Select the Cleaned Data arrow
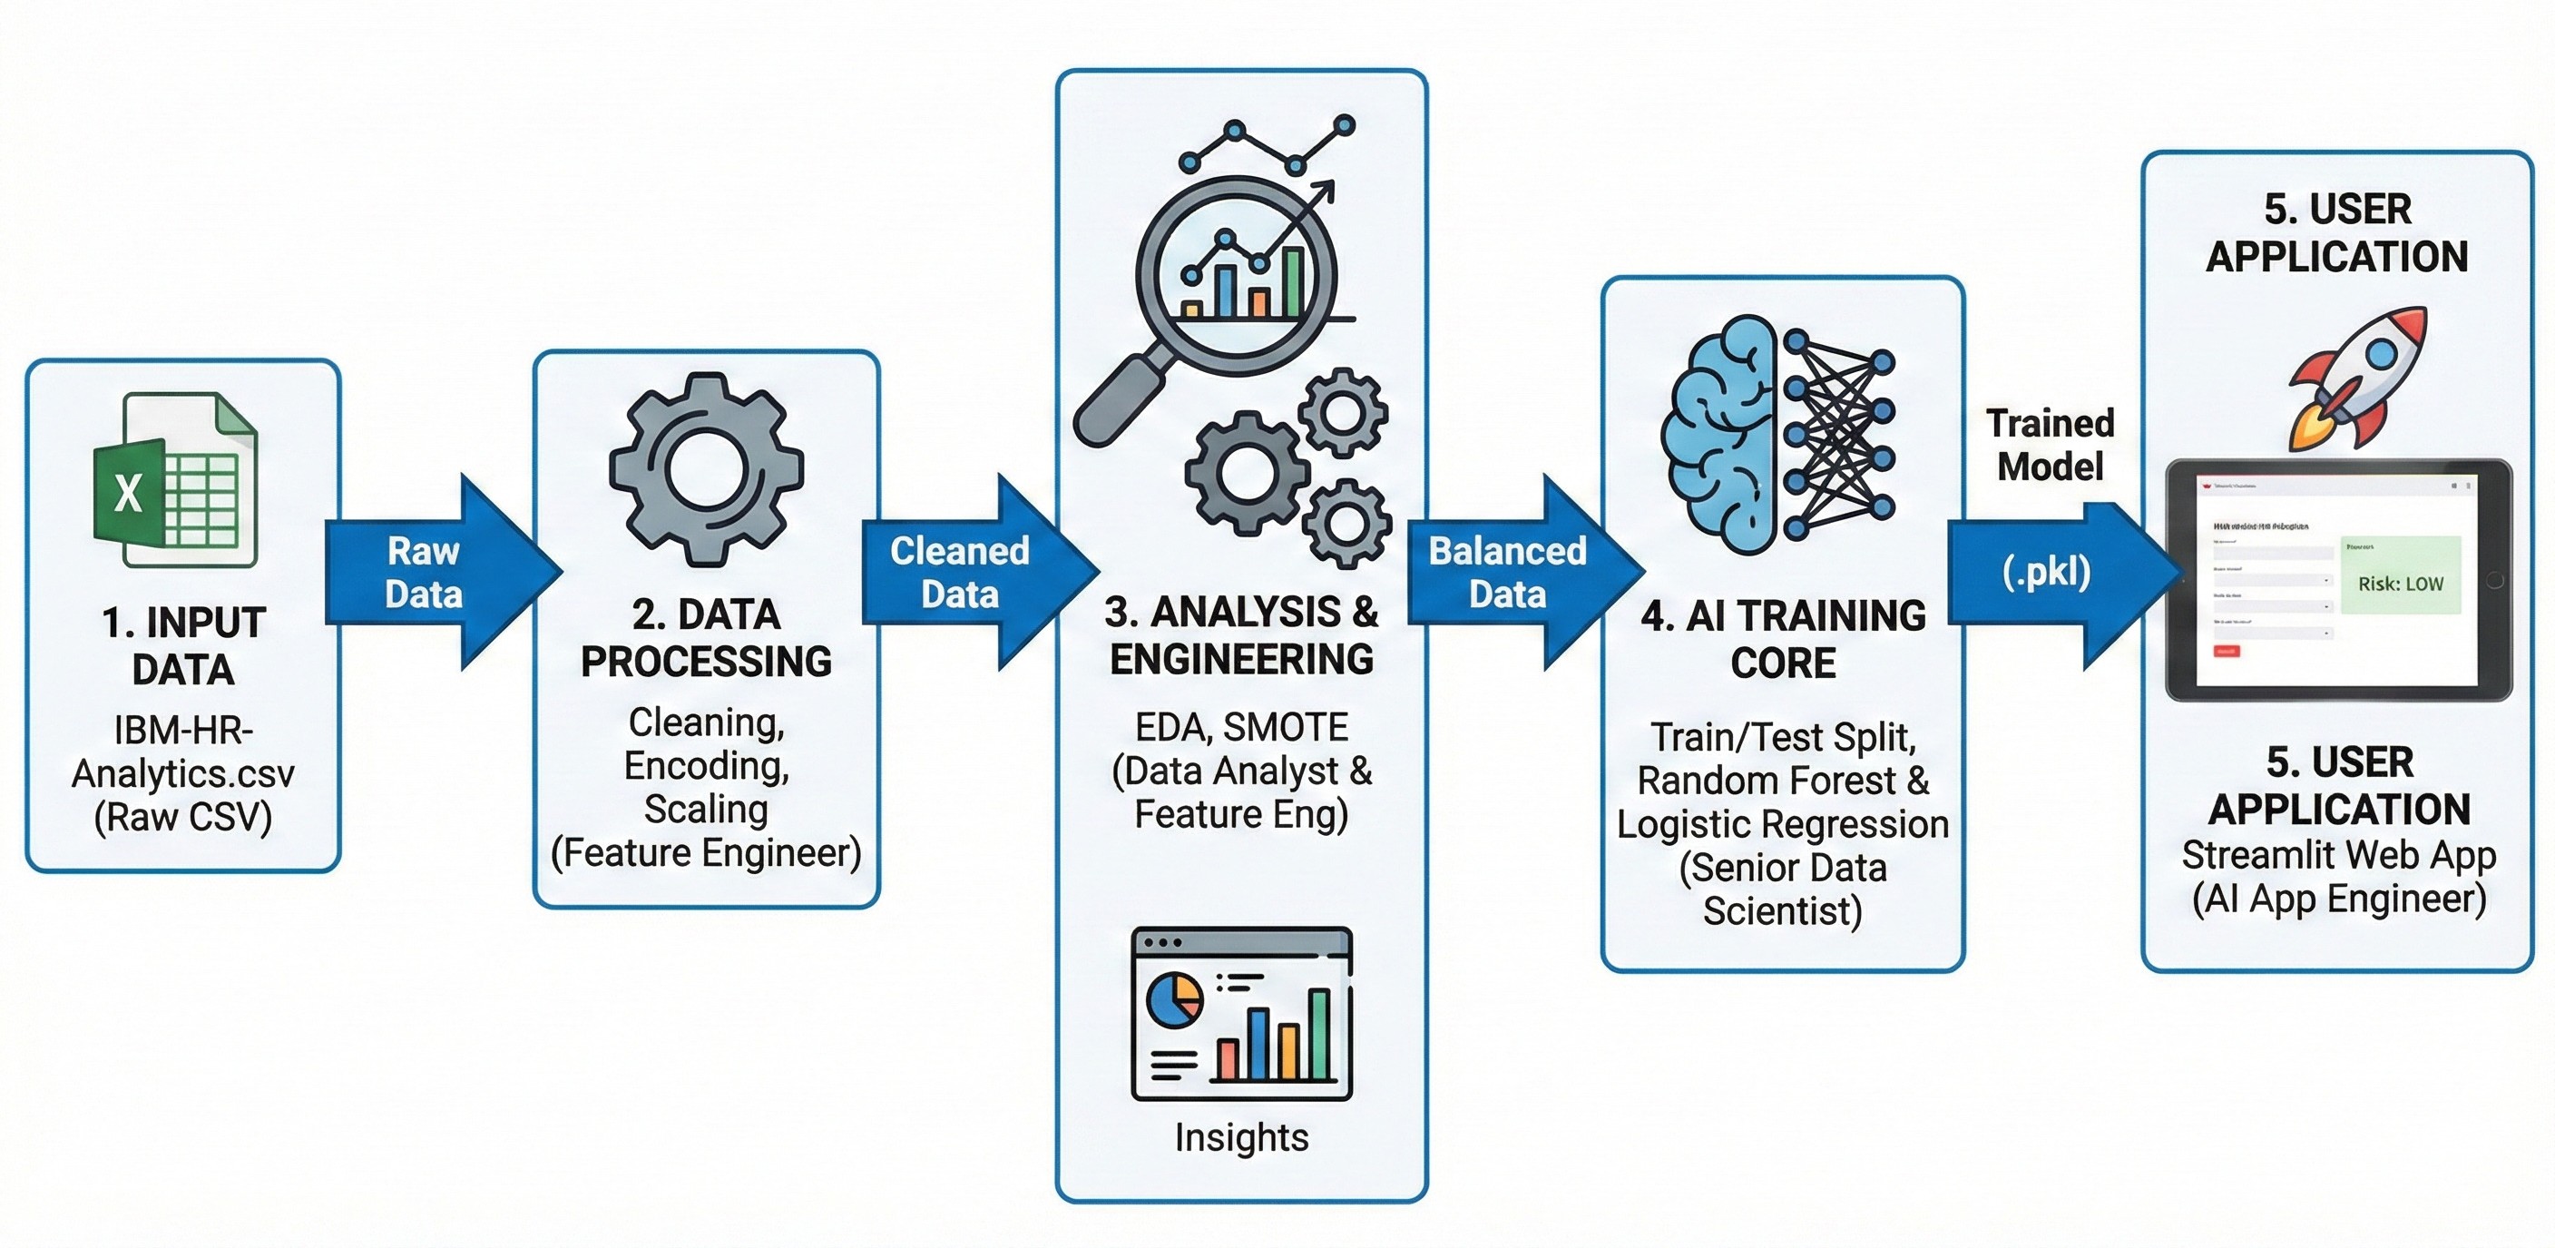pos(967,573)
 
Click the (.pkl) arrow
pos(2053,573)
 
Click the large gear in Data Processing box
pos(705,469)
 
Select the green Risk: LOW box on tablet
pos(2399,575)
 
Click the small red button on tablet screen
pos(2226,651)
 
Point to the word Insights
pos(1241,1137)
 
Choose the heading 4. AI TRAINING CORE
pos(1782,639)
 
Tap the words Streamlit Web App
pos(2338,855)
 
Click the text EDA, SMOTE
pos(1241,727)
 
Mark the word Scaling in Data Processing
pos(705,810)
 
